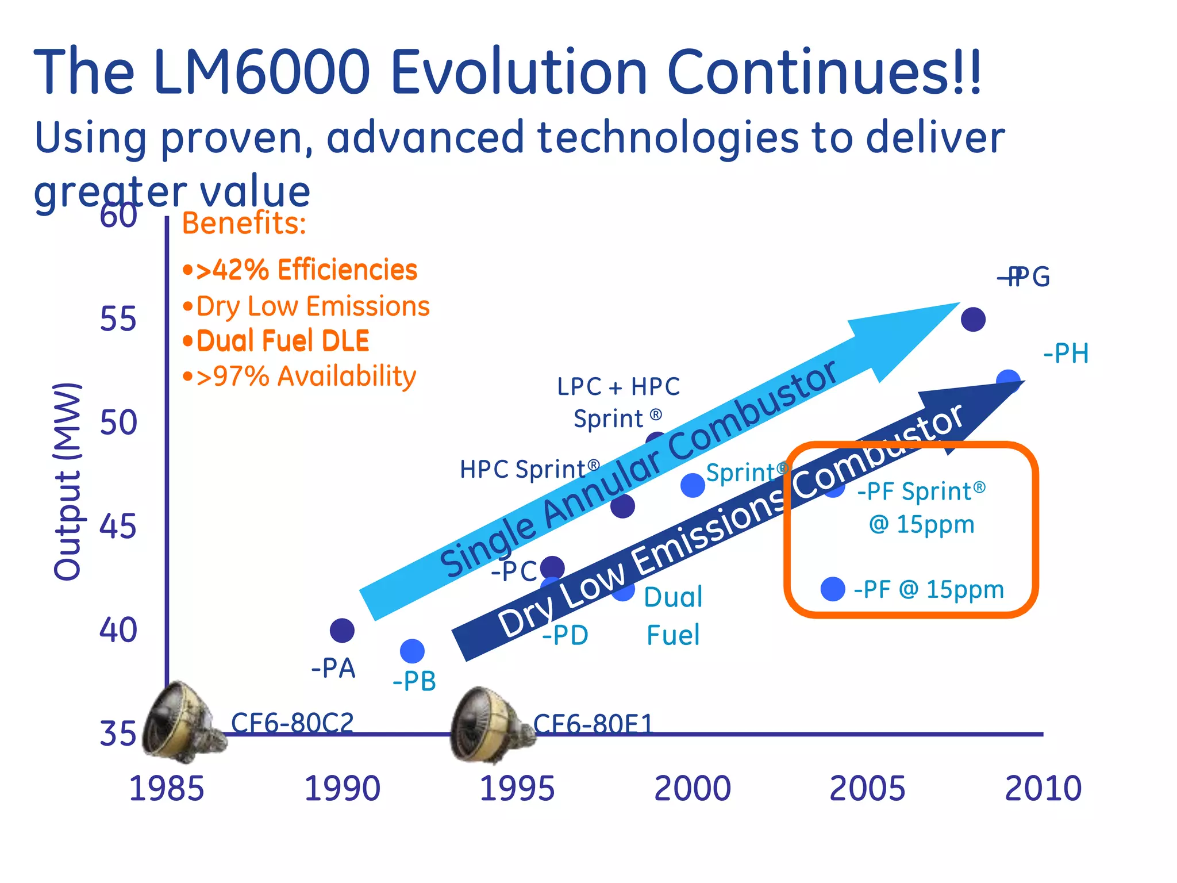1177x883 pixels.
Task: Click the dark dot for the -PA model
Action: coord(342,631)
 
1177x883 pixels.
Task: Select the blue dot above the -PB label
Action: coord(412,651)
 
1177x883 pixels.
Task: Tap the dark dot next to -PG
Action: coord(973,319)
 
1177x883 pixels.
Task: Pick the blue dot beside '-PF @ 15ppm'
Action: coord(833,589)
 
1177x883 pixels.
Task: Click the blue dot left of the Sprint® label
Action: coord(693,485)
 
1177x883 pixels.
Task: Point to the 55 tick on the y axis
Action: coord(118,319)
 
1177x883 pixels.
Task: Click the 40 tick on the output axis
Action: coord(118,630)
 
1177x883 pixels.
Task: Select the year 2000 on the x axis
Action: coord(693,788)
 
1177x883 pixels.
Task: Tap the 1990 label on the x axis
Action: coord(342,788)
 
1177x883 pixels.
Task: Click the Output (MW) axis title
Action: coord(67,481)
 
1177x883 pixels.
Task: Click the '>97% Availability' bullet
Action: coord(299,377)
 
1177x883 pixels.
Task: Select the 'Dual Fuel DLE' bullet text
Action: coord(276,341)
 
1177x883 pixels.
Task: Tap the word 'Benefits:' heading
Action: coord(244,223)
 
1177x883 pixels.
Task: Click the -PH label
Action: coord(1066,353)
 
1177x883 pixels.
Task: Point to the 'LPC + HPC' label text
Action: coord(618,386)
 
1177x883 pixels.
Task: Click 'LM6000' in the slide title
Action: coord(261,72)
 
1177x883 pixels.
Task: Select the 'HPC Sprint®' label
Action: coord(529,469)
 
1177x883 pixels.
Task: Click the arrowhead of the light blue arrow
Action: coord(902,339)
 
